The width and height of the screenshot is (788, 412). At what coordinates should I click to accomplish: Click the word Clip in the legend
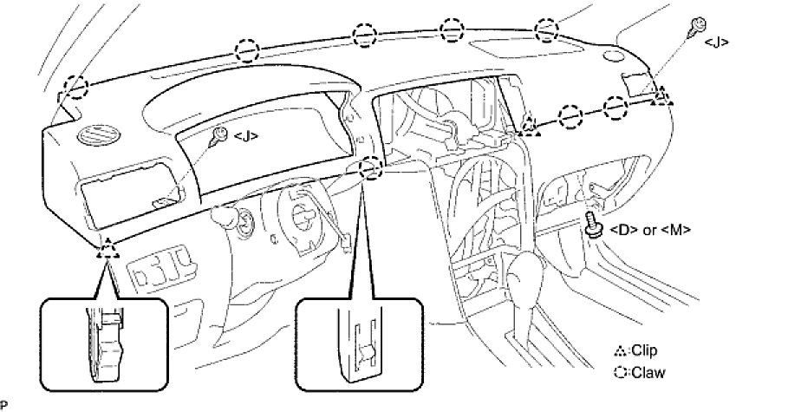pyautogui.click(x=645, y=350)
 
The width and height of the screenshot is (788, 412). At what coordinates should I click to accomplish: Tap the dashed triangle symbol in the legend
pyautogui.click(x=620, y=351)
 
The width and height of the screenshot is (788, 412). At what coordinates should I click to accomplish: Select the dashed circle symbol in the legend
pyautogui.click(x=620, y=373)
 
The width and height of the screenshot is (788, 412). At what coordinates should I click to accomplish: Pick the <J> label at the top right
pyautogui.click(x=716, y=42)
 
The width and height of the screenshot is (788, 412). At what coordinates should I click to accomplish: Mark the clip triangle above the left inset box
pyautogui.click(x=107, y=251)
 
